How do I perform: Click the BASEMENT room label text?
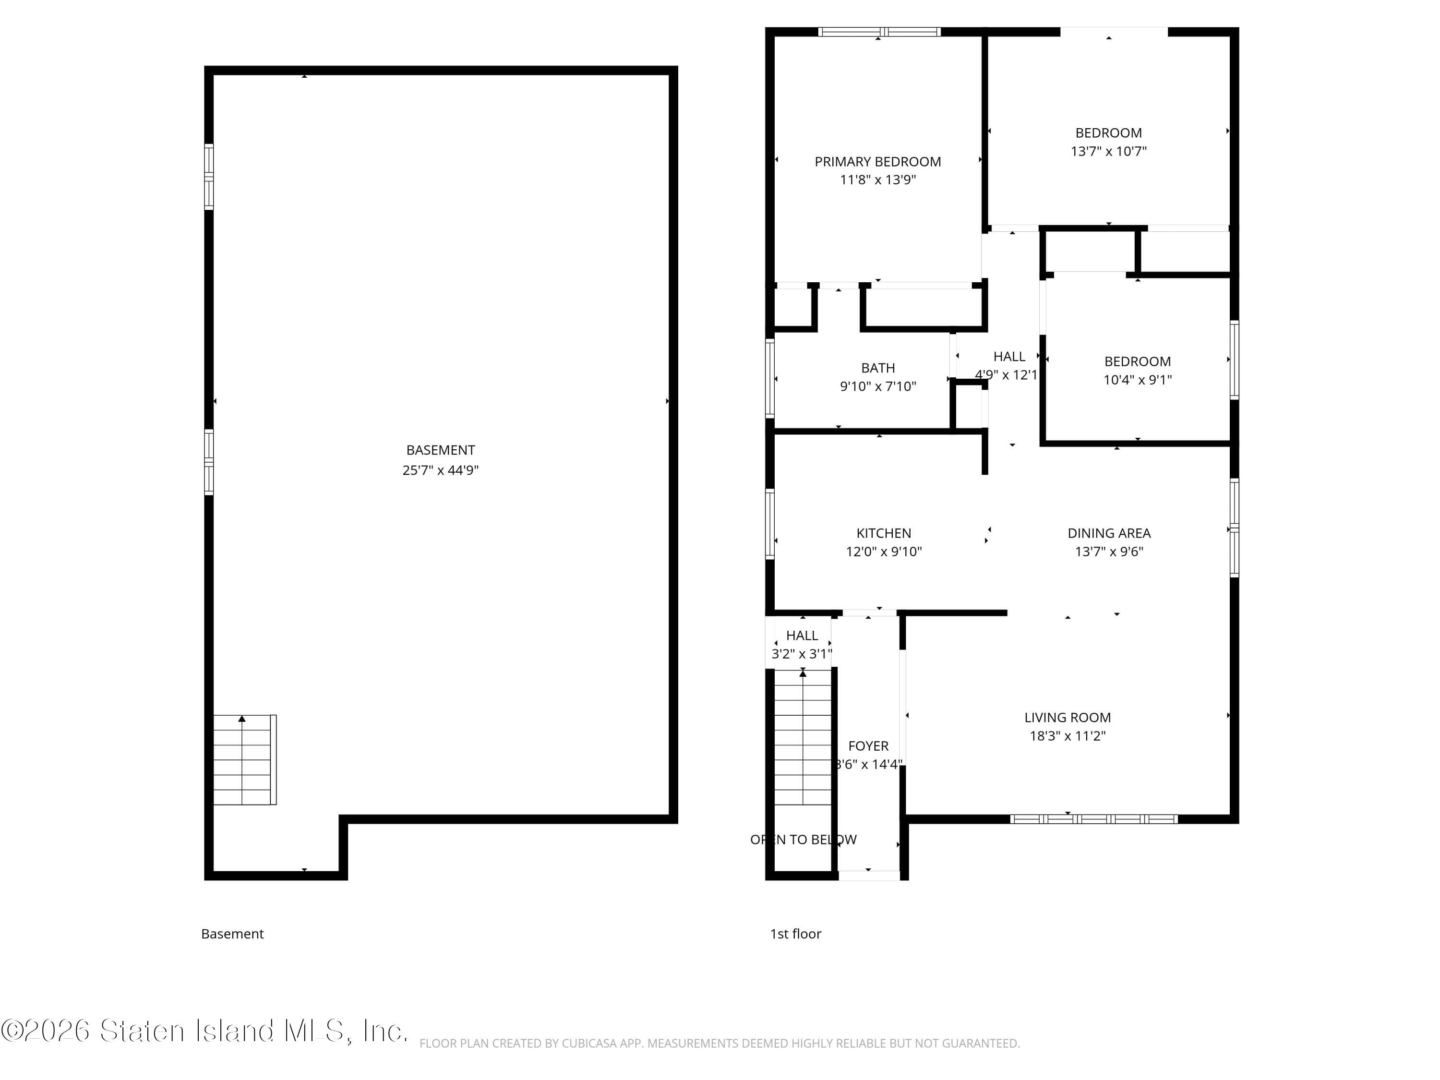point(440,450)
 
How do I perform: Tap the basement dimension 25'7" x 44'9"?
point(440,470)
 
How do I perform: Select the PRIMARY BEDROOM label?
point(877,161)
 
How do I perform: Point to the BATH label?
point(877,368)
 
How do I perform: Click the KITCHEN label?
point(883,533)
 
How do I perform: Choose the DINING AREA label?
point(1109,533)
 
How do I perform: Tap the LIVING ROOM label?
point(1067,718)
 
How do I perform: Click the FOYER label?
point(868,746)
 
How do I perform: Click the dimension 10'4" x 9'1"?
point(1137,380)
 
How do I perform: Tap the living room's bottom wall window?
point(1093,819)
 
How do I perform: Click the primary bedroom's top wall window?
point(879,32)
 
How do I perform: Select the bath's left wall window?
point(770,378)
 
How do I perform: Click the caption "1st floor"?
point(795,934)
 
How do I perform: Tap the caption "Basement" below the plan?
point(232,934)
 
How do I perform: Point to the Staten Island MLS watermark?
point(204,1031)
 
